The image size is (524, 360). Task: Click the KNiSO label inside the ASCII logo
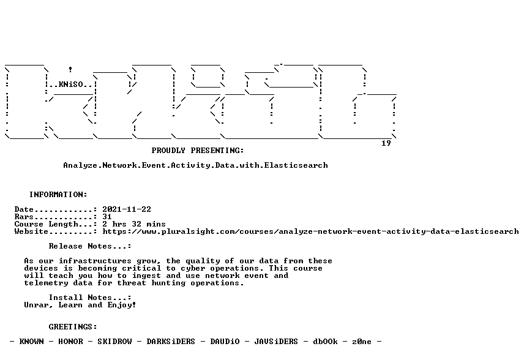[x=71, y=84]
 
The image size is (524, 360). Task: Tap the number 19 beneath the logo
[x=386, y=143]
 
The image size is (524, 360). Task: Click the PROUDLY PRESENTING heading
[x=198, y=151]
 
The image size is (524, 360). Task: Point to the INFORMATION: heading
[x=58, y=195]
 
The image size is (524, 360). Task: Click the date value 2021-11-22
[x=127, y=209]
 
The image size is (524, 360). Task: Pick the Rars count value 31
[x=107, y=217]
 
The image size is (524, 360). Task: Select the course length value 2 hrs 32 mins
[x=134, y=224]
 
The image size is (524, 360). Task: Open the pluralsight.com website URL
[x=310, y=231]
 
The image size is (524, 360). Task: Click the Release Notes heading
[x=90, y=246]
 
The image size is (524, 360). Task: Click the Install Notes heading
[x=90, y=298]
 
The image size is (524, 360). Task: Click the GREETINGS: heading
[x=73, y=326]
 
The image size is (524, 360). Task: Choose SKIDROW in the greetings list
[x=114, y=341]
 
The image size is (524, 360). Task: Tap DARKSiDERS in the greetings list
[x=170, y=341]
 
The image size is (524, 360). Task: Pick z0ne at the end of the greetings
[x=362, y=341]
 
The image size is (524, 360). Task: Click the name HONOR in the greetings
[x=70, y=341]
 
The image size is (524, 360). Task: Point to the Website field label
[x=31, y=231]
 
